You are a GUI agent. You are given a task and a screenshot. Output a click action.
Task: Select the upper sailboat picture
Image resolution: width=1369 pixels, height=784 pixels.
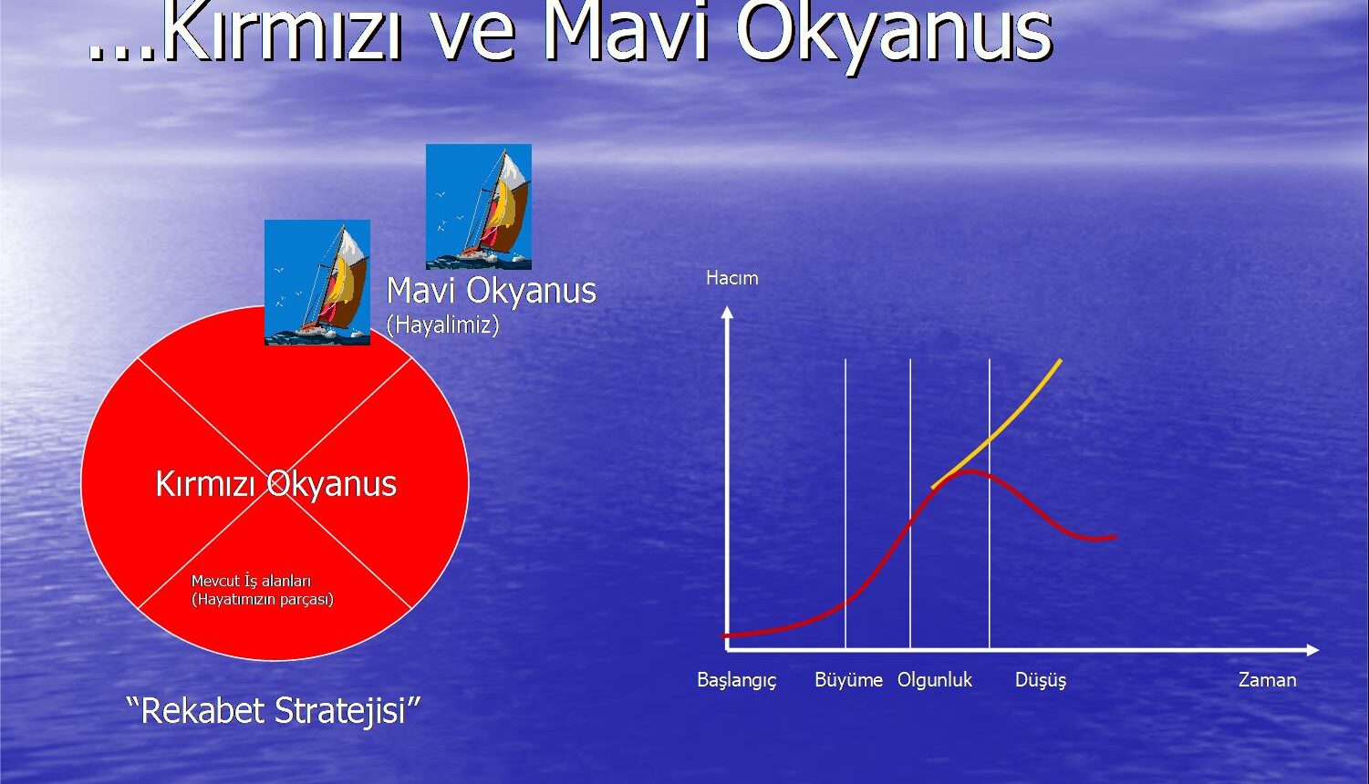click(479, 207)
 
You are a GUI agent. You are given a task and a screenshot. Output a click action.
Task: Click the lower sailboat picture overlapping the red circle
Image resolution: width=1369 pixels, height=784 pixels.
click(317, 283)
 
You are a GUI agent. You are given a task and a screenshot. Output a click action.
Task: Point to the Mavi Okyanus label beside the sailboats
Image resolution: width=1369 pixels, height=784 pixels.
click(492, 291)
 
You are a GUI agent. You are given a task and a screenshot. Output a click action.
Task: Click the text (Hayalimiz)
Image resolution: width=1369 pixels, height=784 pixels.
click(443, 325)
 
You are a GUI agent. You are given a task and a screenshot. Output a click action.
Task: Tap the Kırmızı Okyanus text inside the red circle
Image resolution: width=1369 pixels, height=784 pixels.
click(276, 485)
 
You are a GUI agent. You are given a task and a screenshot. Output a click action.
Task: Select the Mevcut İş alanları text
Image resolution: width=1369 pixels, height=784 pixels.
click(251, 581)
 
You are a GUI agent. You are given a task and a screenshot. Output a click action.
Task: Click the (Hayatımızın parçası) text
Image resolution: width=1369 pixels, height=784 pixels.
click(263, 600)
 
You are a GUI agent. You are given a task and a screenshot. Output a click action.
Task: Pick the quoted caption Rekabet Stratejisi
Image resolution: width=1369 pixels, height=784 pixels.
click(274, 711)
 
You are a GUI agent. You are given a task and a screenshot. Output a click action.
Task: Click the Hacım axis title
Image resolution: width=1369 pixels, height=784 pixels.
click(732, 279)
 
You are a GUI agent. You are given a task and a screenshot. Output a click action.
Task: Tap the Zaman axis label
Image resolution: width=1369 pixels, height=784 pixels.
click(1267, 680)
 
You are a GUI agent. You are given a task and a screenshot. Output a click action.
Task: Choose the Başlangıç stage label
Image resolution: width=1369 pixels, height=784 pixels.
click(736, 681)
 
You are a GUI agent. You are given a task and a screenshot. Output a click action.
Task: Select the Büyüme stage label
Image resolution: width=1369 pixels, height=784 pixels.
click(848, 680)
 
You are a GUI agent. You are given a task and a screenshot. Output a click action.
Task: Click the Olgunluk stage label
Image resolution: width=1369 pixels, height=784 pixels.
click(935, 680)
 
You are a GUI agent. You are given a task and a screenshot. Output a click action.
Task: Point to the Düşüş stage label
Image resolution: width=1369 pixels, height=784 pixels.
click(1040, 681)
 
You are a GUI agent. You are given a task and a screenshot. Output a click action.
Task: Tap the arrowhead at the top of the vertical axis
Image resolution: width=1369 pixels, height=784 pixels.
click(727, 312)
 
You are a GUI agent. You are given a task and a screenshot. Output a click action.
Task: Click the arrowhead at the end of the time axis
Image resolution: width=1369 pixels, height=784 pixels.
click(1312, 650)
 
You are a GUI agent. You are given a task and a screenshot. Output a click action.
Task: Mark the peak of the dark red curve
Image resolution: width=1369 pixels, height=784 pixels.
click(970, 471)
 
